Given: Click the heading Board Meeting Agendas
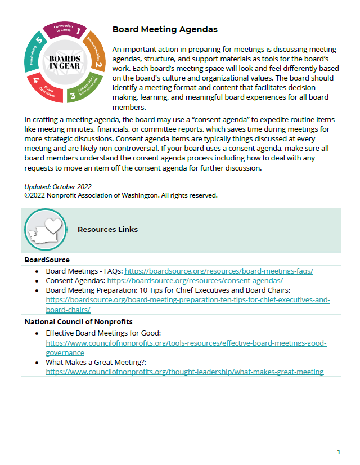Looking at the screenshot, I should coord(165,29).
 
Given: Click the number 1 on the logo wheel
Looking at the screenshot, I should coord(79,32).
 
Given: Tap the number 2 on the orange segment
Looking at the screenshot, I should coord(98,65).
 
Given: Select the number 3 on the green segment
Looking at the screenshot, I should coord(72,96).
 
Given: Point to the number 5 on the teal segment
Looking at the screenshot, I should coord(38,41).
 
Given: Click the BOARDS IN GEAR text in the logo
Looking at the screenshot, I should coord(65,62).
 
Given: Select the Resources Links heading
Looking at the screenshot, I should coord(107,230).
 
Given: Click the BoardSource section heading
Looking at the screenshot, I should coord(47,260).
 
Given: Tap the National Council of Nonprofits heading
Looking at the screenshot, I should coord(78,322).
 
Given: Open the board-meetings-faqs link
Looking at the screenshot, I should coord(218,271).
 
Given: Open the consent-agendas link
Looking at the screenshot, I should coord(195,280).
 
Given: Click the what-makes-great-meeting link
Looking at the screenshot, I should coord(184,372).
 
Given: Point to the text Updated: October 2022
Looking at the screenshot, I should coord(58,187).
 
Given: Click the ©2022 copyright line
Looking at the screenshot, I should coord(121,195).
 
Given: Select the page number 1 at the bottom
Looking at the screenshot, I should coord(339,452).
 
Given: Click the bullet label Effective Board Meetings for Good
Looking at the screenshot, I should coord(103,333).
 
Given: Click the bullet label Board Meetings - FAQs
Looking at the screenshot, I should coord(84,271).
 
